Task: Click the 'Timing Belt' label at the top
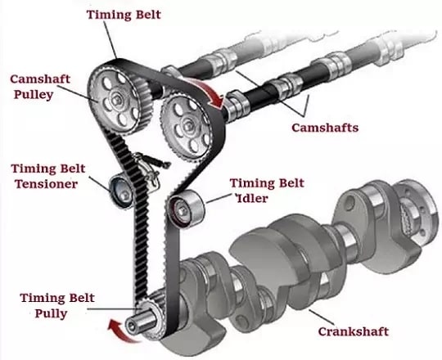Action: pyautogui.click(x=124, y=15)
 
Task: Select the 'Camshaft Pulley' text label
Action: pyautogui.click(x=40, y=87)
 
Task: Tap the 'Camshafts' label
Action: pyautogui.click(x=325, y=128)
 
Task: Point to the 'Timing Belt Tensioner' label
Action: pyautogui.click(x=48, y=177)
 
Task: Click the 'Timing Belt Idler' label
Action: pyautogui.click(x=267, y=191)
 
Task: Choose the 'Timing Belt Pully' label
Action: pyautogui.click(x=57, y=305)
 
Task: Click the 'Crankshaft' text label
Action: pyautogui.click(x=354, y=331)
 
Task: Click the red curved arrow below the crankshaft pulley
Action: pyautogui.click(x=122, y=332)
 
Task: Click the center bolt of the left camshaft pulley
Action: pyautogui.click(x=115, y=99)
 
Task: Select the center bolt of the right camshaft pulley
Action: pyautogui.click(x=187, y=126)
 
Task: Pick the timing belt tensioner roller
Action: pyautogui.click(x=121, y=191)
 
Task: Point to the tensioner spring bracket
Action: pyautogui.click(x=149, y=169)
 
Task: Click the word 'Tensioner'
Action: pyautogui.click(x=46, y=184)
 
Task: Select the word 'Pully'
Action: pyautogui.click(x=51, y=313)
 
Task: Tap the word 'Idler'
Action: pyautogui.click(x=252, y=198)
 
